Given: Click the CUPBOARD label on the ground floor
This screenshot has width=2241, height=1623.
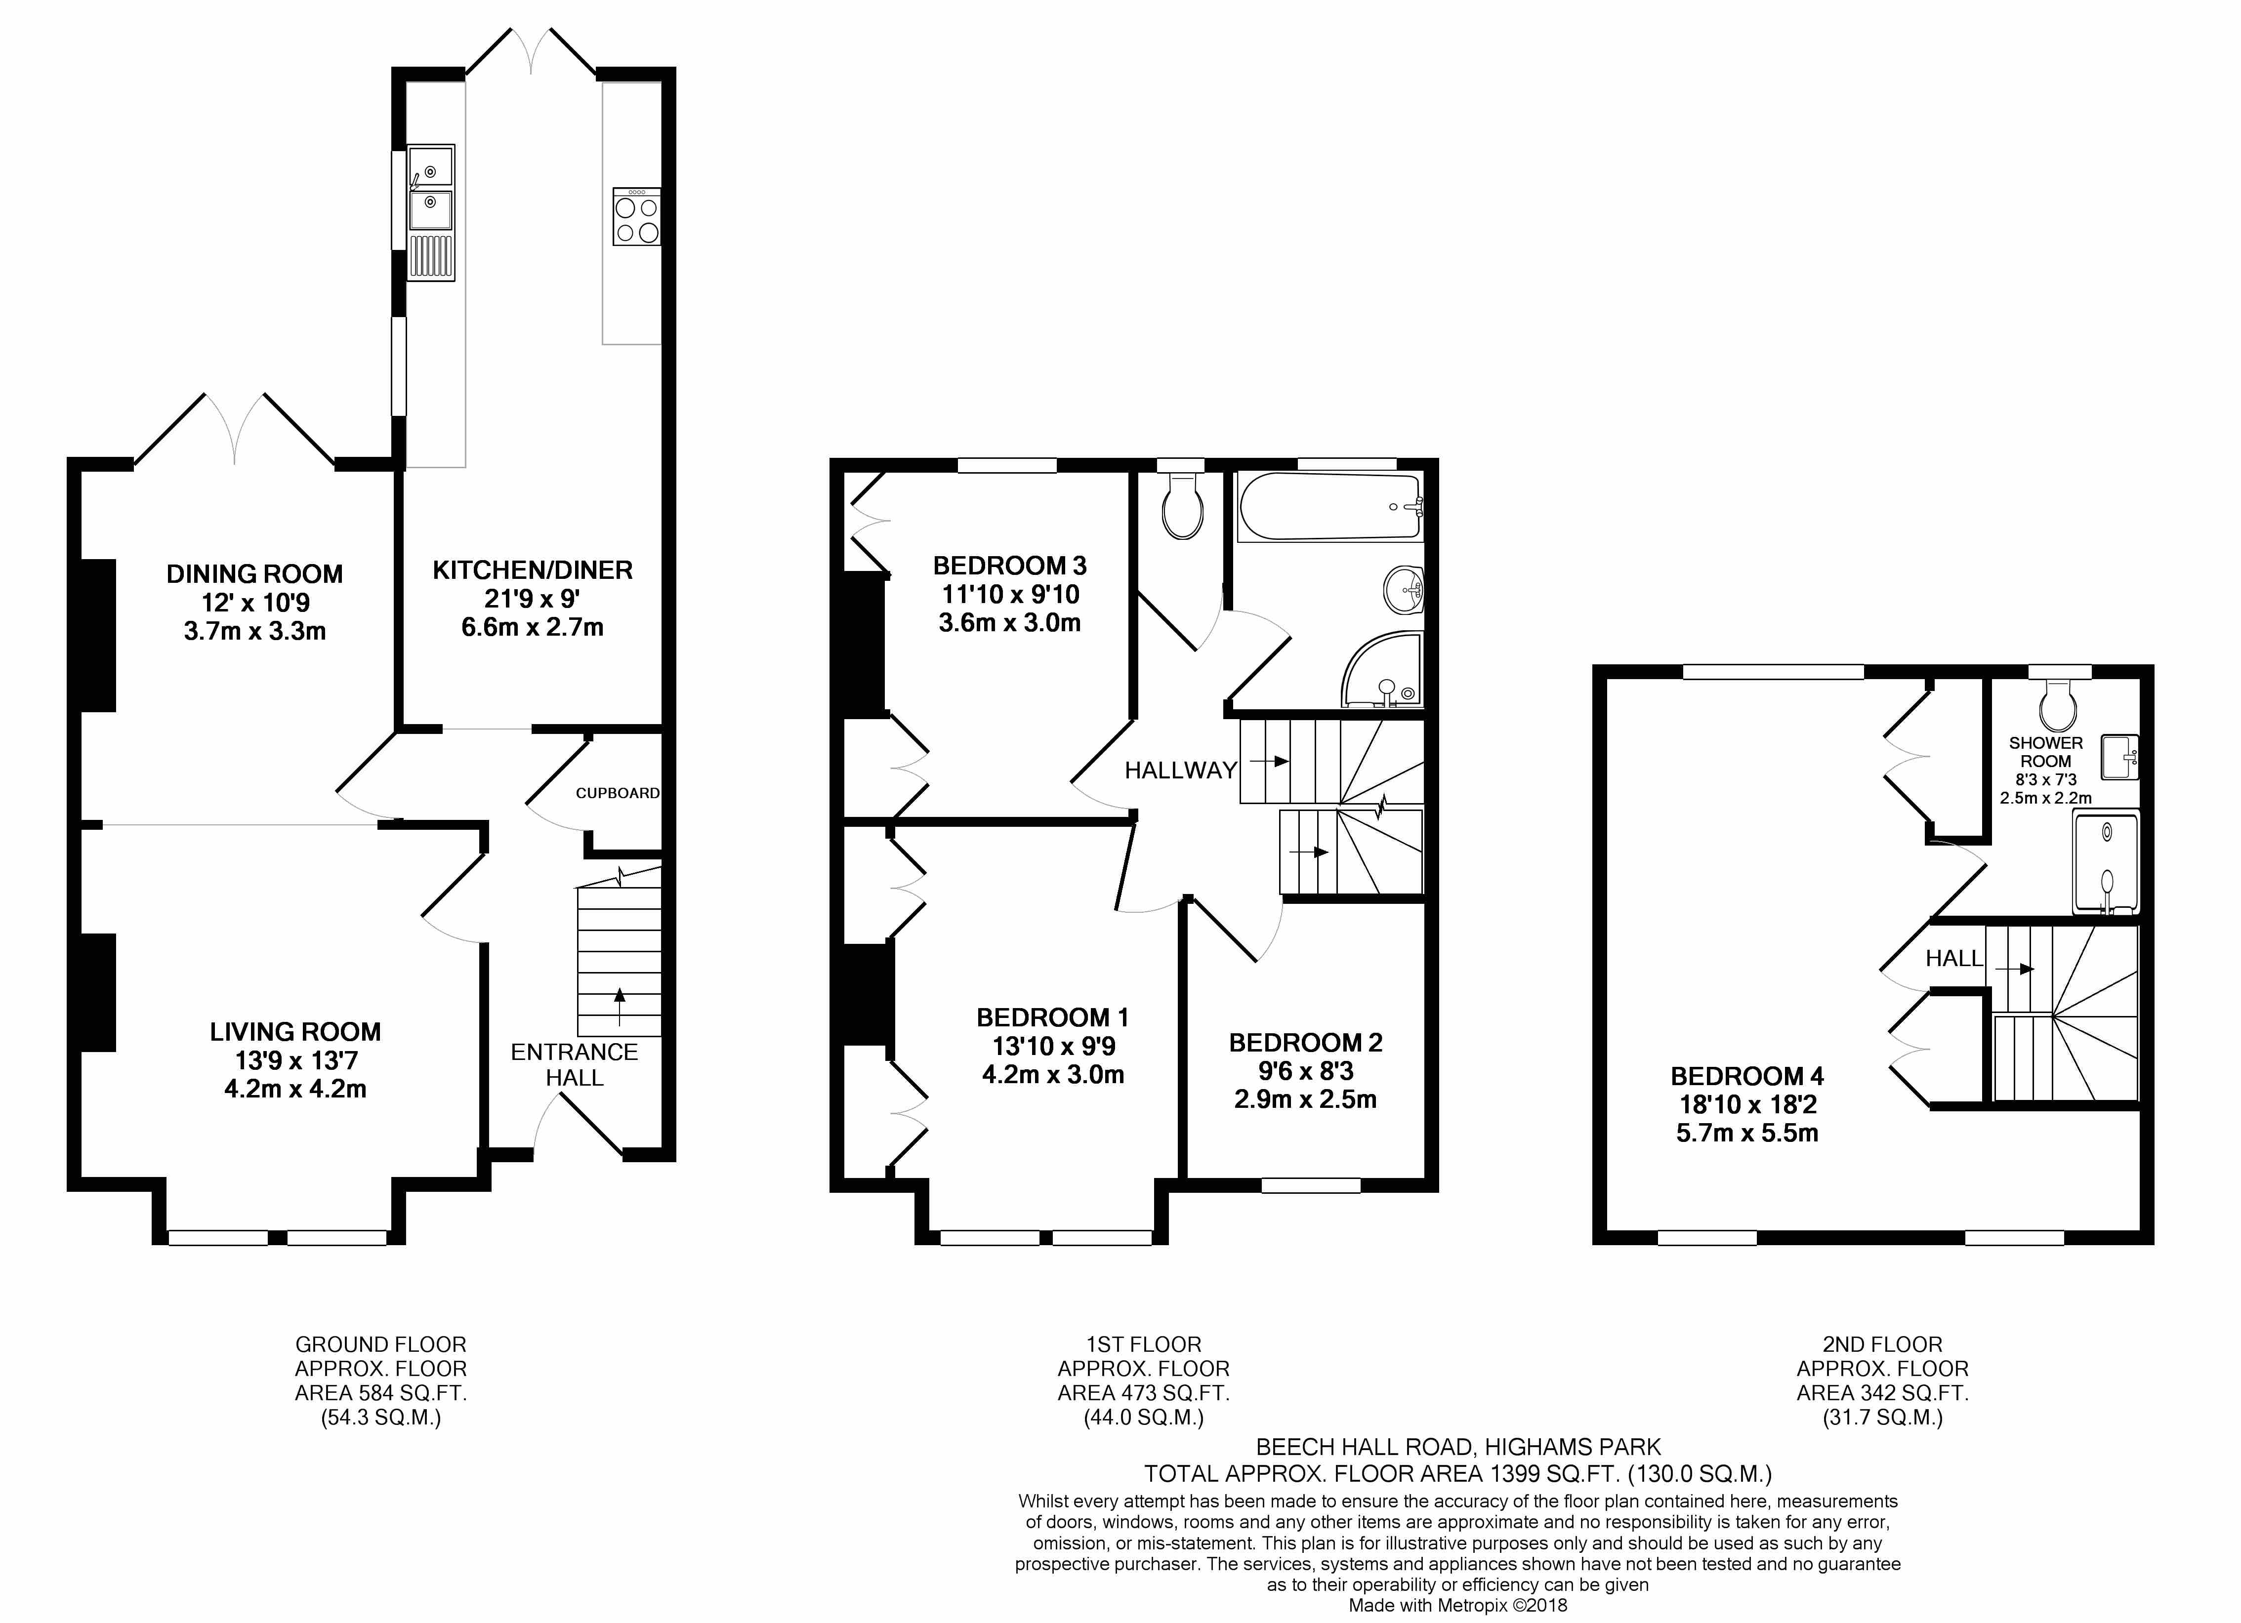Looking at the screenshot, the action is [x=618, y=793].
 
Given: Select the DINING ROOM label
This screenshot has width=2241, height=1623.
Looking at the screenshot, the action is [x=255, y=574].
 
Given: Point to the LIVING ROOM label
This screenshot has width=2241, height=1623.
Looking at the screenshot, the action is [x=295, y=1032].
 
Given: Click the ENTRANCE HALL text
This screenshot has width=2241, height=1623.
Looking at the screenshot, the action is [x=574, y=1065].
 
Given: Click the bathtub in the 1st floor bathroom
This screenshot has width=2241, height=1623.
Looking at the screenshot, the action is [x=1330, y=507].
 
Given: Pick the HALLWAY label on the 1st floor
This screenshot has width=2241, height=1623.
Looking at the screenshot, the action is [x=1181, y=771].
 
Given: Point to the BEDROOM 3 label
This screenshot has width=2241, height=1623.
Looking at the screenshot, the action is [x=1010, y=566].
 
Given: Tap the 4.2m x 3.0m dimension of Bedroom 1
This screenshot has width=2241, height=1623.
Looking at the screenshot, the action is [x=1053, y=1075].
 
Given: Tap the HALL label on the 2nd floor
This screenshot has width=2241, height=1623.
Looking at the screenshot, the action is [x=1953, y=958].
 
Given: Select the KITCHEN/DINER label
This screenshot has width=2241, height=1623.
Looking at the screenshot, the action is [x=533, y=570].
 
